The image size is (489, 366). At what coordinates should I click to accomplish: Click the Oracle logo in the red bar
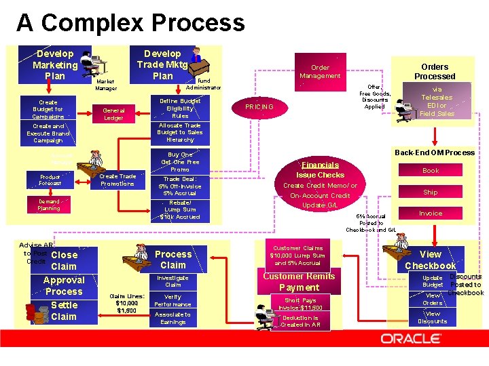(415, 338)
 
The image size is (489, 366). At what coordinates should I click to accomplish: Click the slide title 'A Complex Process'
(130, 22)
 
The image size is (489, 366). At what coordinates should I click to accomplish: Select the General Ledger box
(113, 114)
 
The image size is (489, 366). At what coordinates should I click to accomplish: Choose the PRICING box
(259, 107)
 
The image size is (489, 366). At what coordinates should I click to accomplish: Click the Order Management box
(320, 72)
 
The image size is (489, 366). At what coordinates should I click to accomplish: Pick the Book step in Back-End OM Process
(431, 171)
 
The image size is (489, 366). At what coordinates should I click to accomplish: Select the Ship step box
(431, 192)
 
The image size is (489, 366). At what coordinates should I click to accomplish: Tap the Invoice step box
(431, 213)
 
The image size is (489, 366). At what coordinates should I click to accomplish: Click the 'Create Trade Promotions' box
(117, 180)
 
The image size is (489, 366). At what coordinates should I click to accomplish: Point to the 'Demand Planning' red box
(48, 205)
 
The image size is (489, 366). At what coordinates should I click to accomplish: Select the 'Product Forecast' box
(50, 180)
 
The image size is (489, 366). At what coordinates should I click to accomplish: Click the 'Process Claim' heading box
(173, 259)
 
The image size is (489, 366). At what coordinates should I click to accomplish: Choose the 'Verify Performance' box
(173, 300)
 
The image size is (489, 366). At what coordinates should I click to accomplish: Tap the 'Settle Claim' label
(64, 310)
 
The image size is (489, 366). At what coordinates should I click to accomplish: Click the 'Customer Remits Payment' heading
(299, 282)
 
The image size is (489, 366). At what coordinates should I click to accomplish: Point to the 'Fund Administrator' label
(203, 84)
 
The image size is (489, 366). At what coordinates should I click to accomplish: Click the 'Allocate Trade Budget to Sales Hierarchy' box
(180, 133)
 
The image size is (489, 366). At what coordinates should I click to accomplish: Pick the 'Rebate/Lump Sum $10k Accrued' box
(180, 209)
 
